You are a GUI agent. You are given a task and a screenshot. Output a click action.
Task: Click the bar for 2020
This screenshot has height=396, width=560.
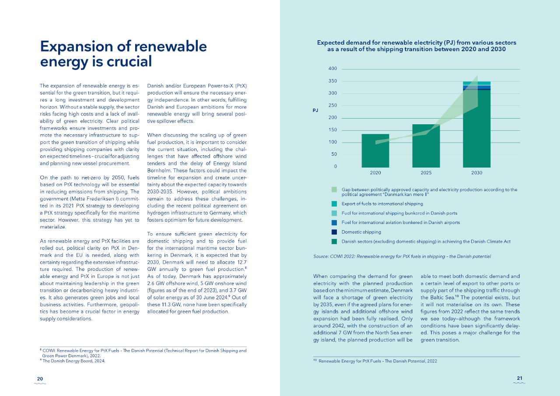375,151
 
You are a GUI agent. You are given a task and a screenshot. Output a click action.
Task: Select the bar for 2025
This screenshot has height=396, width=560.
426,146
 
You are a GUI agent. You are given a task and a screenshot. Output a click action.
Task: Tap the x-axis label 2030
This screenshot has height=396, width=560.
476,173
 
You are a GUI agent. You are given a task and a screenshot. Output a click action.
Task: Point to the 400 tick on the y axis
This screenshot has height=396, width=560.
332,69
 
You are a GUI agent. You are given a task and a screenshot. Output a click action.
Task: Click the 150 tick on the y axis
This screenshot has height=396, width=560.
332,130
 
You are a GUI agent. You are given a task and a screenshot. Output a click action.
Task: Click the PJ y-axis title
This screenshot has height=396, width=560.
315,110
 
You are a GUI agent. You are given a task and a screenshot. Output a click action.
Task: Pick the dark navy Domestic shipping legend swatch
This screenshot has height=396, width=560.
334,232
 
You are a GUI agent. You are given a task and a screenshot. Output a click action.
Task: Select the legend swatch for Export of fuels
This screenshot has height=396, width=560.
334,204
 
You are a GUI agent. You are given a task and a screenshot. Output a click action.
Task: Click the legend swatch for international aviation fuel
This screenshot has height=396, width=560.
334,222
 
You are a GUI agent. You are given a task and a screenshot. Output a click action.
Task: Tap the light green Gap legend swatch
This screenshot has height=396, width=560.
334,189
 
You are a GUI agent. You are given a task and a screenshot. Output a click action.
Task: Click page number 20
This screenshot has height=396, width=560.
40,379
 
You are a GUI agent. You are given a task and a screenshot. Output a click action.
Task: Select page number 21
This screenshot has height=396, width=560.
519,378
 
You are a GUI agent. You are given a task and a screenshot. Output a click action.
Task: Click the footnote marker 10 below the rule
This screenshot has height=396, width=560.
315,361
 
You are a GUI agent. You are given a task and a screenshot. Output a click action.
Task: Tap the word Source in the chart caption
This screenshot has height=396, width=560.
321,256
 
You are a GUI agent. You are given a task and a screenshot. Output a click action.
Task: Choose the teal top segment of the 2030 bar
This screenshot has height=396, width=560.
476,84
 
